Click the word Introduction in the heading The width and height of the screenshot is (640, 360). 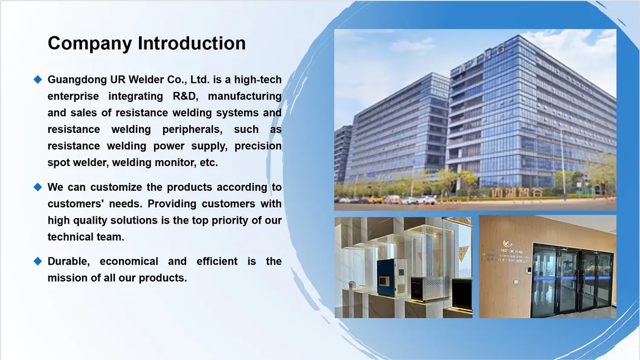click(x=192, y=43)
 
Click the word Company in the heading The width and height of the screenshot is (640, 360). click(x=90, y=43)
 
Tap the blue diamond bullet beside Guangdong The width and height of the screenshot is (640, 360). click(x=37, y=79)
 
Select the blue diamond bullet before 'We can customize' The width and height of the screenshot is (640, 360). click(x=37, y=187)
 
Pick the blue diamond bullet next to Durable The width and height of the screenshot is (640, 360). click(x=37, y=261)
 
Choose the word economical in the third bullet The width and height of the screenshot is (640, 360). click(x=129, y=262)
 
